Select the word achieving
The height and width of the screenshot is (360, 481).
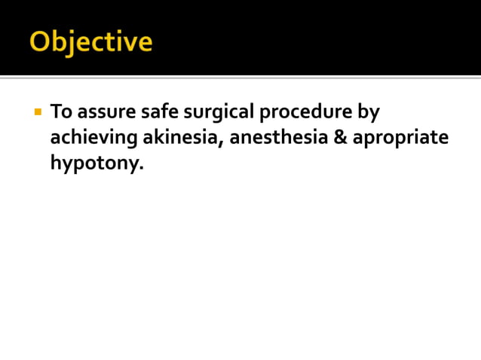(x=95, y=139)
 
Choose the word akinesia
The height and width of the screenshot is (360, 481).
(x=183, y=138)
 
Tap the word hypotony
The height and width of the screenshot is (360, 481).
(x=94, y=164)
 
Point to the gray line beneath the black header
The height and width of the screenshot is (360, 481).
(x=240, y=77)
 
